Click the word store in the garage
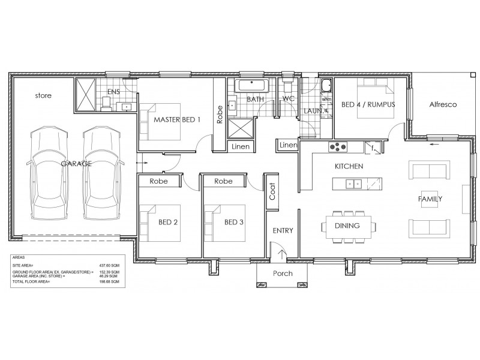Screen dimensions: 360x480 (x=43, y=95)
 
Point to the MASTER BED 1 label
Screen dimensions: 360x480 (x=177, y=119)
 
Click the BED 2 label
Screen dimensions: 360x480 (x=168, y=223)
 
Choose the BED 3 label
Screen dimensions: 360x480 (x=233, y=223)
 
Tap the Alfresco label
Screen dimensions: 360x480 (x=443, y=104)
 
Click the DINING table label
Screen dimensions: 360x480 (x=347, y=226)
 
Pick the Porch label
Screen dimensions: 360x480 (x=283, y=274)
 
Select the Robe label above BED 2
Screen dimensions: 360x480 (x=158, y=181)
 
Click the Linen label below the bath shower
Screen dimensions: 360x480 (x=241, y=146)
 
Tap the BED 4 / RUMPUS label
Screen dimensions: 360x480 (x=365, y=104)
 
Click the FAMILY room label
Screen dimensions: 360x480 (x=430, y=199)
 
